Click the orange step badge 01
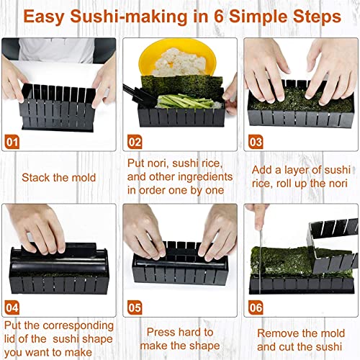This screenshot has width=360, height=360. pyautogui.click(x=12, y=142)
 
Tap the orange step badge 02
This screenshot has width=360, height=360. pyautogui.click(x=135, y=142)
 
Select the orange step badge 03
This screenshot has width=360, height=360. pyautogui.click(x=256, y=142)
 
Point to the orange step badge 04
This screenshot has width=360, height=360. pyautogui.click(x=12, y=307)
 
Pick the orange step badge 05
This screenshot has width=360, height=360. pyautogui.click(x=135, y=307)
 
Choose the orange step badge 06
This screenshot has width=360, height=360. pyautogui.click(x=256, y=307)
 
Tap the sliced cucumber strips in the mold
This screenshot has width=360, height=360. pyautogui.click(x=186, y=102)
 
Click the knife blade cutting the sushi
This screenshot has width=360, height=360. pyautogui.click(x=260, y=261)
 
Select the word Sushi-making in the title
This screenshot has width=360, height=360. pyautogui.click(x=128, y=17)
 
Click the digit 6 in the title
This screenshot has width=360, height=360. pyautogui.click(x=218, y=17)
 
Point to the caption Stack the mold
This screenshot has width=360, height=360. pyautogui.click(x=59, y=178)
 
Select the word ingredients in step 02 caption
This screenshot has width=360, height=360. pyautogui.click(x=205, y=178)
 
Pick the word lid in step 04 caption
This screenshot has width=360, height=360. pyautogui.click(x=10, y=339)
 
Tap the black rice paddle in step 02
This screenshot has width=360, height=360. pyautogui.click(x=138, y=96)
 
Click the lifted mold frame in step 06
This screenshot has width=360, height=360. pyautogui.click(x=333, y=245)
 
